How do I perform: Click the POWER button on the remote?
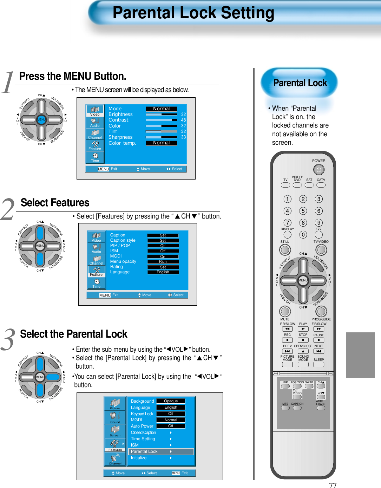pos(318,170)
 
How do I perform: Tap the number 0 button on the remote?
pos(303,235)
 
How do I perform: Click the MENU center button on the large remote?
pos(303,280)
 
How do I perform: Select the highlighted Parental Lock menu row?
pos(161,451)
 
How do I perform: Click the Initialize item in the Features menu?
pos(139,458)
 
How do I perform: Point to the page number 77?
pos(333,485)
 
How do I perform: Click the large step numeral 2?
pos(8,209)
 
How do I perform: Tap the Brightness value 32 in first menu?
pos(183,115)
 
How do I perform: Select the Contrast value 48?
pos(183,120)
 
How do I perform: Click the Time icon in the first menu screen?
pos(95,157)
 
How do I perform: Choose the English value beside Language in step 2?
pos(163,272)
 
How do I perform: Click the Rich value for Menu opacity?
pos(163,262)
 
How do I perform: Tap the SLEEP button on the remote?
pos(318,364)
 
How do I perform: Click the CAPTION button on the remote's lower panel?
pos(297,408)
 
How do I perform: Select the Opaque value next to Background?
pos(171,401)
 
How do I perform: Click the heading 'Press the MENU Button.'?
pos(73,76)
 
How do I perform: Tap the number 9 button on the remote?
pos(318,223)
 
